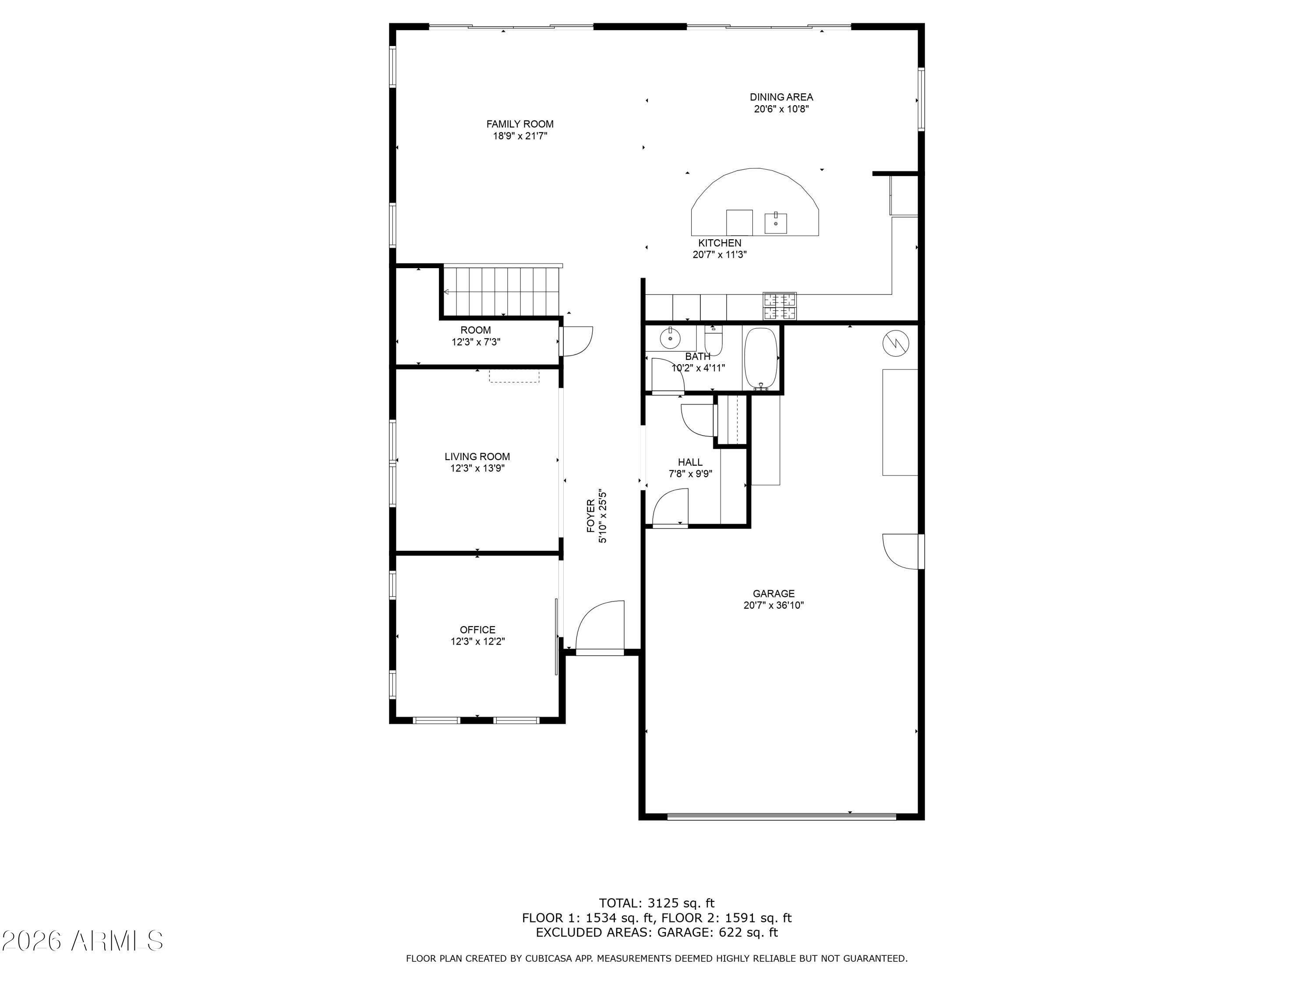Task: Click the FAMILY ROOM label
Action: tap(520, 124)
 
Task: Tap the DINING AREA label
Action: tap(781, 97)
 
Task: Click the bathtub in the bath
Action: tap(761, 358)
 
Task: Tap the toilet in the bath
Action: tap(714, 340)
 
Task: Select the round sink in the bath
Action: tap(670, 338)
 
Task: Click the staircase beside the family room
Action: tap(502, 291)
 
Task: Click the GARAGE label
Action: tap(774, 593)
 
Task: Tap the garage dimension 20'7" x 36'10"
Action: tap(774, 606)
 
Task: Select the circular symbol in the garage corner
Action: tap(895, 344)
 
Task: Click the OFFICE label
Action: tap(477, 629)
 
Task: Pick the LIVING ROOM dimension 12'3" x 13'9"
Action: tap(477, 468)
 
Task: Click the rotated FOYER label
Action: tap(590, 516)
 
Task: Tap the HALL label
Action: tap(690, 462)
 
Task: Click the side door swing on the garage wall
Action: tap(901, 552)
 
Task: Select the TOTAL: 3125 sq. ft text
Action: tap(657, 903)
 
